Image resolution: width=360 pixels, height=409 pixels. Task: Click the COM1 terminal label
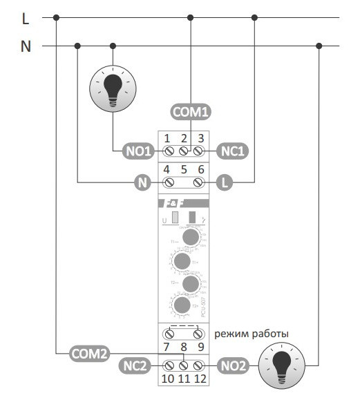[190, 111]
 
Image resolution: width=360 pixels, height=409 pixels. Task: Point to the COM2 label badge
[90, 354]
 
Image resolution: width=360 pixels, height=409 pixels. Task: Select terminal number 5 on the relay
[184, 169]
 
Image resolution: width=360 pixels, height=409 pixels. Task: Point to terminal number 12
[201, 379]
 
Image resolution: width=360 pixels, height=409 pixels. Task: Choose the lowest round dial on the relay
[182, 305]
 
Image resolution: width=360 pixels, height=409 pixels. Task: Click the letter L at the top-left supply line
[26, 19]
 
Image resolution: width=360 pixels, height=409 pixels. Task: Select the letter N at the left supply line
[26, 48]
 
